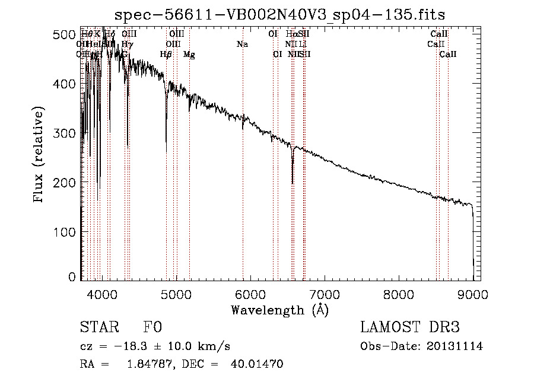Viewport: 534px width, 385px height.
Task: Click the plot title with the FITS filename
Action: point(280,14)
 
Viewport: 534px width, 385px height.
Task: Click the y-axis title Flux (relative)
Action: point(40,155)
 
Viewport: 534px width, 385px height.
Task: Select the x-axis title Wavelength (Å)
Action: point(279,310)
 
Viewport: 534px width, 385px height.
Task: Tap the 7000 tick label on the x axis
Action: point(324,293)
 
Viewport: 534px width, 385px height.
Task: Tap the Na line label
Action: point(242,44)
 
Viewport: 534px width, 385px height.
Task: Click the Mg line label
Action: point(189,55)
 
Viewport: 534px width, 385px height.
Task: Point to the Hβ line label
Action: point(166,55)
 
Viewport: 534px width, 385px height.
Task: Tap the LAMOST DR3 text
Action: point(409,328)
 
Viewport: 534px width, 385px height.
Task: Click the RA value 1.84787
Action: point(147,364)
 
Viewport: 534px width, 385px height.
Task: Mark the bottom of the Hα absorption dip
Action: point(293,183)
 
